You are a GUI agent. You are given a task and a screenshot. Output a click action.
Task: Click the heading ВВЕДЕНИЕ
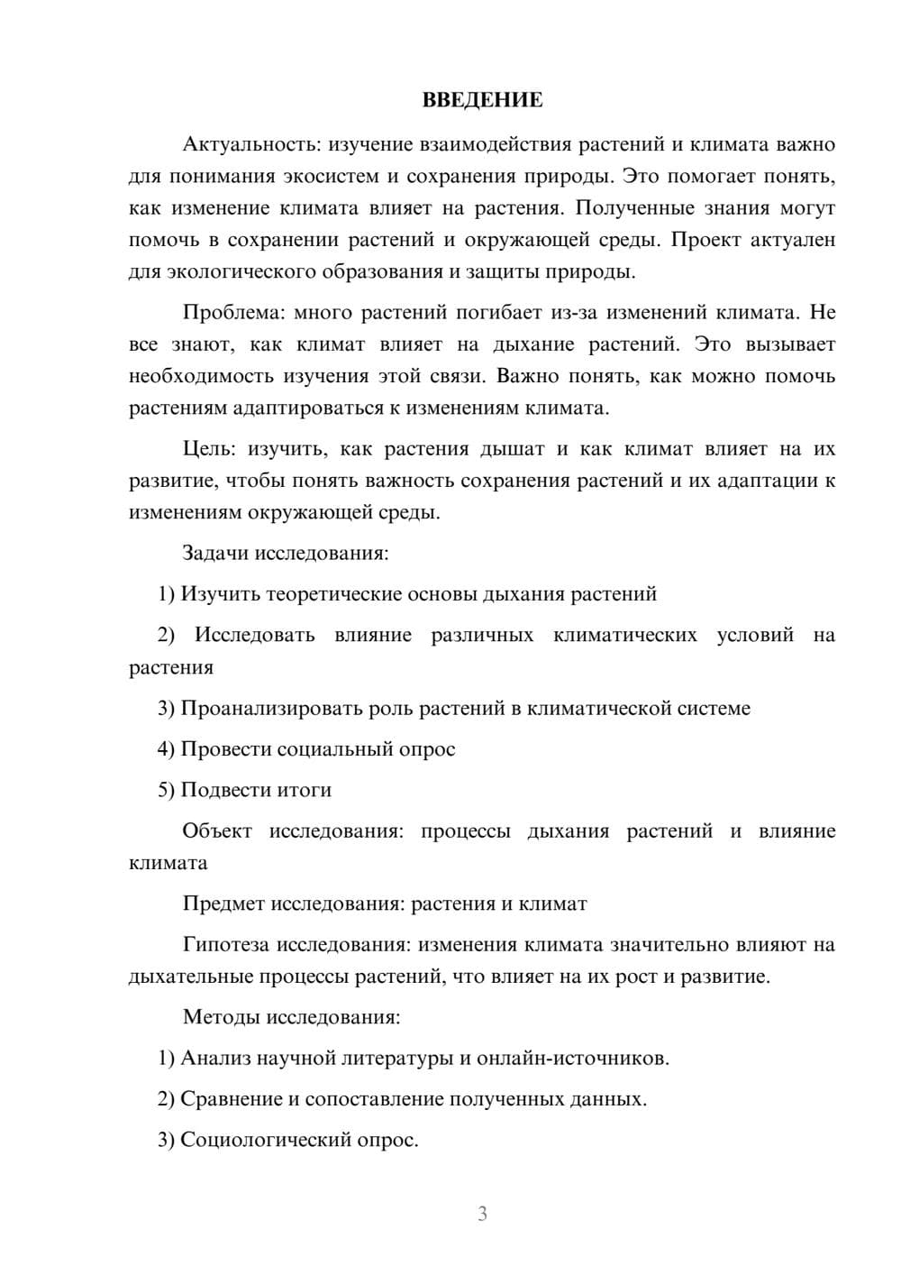coord(482,100)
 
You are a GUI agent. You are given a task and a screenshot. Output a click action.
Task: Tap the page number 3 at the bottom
coord(482,1214)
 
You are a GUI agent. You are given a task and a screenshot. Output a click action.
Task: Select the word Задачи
coord(214,553)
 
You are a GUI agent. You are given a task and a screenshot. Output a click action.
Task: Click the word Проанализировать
coord(271,709)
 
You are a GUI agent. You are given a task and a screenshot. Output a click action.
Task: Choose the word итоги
coord(304,791)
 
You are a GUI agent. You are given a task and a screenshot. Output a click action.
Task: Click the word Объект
coord(217,831)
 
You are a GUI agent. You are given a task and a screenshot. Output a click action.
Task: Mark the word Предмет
coord(223,904)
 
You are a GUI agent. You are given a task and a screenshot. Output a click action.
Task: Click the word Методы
coord(220,1017)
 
